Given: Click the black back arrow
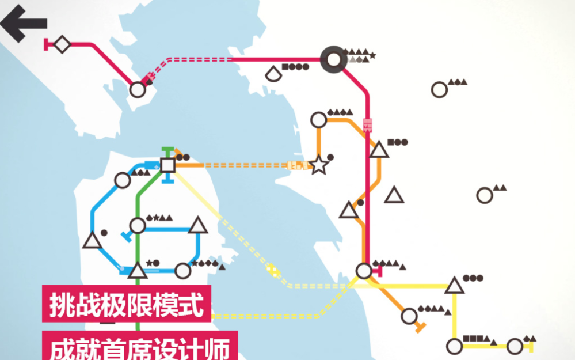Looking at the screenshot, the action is tap(23, 24).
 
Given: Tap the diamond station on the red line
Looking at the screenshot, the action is tap(62, 44).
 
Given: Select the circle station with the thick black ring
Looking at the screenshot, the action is tap(333, 59).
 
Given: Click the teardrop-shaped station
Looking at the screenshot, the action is tap(273, 73).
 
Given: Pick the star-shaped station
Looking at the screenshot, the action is tap(319, 165).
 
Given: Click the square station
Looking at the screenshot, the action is tap(168, 165).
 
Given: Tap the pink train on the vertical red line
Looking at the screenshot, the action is tap(367, 125).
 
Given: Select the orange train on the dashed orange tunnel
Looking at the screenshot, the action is tap(298, 165).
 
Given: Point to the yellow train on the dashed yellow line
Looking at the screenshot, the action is tap(273, 271).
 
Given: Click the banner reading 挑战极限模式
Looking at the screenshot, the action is tap(127, 304).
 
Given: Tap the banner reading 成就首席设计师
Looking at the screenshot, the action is tap(140, 346).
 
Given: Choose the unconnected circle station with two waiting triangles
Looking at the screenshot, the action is tap(485, 195).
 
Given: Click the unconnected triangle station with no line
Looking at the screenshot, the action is tap(394, 195).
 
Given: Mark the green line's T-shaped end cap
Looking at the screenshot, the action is tap(167, 150).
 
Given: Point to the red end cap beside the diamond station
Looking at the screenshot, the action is tap(46, 44).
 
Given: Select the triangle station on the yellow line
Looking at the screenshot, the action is tap(454, 286).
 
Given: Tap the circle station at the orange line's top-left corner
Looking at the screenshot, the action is tap(319, 120).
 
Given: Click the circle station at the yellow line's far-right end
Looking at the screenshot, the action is tap(515, 346).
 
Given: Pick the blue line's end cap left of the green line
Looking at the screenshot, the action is tap(127, 237).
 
